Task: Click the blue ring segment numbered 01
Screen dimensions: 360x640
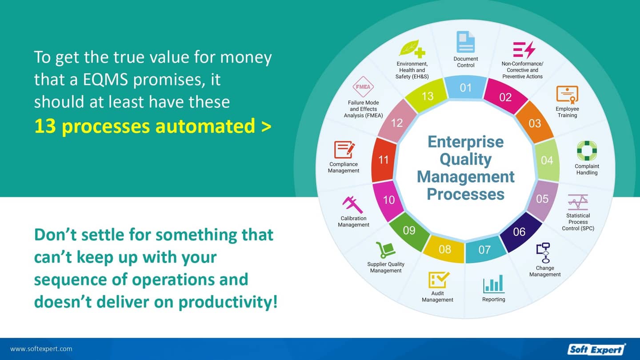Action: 465,87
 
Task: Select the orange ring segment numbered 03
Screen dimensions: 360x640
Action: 535,123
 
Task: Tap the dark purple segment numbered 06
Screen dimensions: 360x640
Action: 519,232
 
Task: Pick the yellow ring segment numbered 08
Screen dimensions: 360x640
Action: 444,249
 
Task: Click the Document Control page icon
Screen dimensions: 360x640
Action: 465,42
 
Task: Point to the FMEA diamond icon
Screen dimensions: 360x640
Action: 363,87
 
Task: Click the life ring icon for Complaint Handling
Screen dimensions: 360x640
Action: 587,151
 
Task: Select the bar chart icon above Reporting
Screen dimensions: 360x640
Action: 493,284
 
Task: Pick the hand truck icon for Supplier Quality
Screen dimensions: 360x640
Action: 385,250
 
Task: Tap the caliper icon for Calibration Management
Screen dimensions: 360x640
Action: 353,204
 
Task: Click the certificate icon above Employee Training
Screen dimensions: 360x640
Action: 567,95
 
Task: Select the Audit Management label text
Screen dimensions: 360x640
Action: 437,296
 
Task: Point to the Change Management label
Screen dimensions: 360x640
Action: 545,271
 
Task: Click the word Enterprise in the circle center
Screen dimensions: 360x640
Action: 465,142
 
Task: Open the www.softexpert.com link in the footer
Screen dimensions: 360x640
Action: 41,349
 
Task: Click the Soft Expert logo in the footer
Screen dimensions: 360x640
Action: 596,349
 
